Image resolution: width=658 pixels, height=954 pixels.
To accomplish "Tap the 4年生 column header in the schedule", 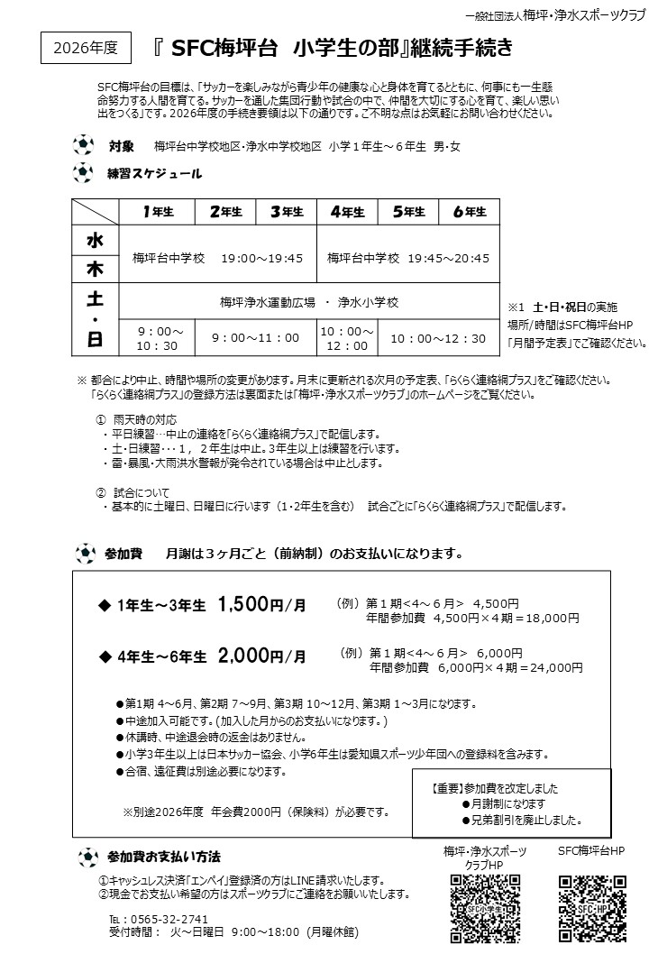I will [347, 212].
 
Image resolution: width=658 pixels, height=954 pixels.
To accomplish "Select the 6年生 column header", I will [469, 212].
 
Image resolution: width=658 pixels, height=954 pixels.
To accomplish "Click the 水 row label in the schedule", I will [95, 241].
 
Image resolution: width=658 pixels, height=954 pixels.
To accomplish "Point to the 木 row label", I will [95, 269].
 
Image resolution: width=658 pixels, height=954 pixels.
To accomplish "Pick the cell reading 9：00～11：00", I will [255, 338].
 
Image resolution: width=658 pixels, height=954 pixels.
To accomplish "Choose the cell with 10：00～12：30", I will [437, 338].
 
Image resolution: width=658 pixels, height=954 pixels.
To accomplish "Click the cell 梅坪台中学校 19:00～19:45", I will [218, 258].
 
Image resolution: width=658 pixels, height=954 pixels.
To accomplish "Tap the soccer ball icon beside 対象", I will [83, 145].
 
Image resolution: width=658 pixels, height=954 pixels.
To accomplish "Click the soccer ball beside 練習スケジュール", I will [83, 172].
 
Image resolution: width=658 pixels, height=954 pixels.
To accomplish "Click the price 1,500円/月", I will [262, 607].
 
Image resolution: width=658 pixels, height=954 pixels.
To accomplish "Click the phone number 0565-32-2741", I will [163, 919].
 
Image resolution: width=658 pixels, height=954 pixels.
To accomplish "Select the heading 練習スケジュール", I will [154, 173].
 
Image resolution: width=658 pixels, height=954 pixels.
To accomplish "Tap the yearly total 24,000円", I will [553, 668].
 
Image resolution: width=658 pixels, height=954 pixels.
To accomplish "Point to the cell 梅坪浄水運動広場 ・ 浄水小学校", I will [308, 302].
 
